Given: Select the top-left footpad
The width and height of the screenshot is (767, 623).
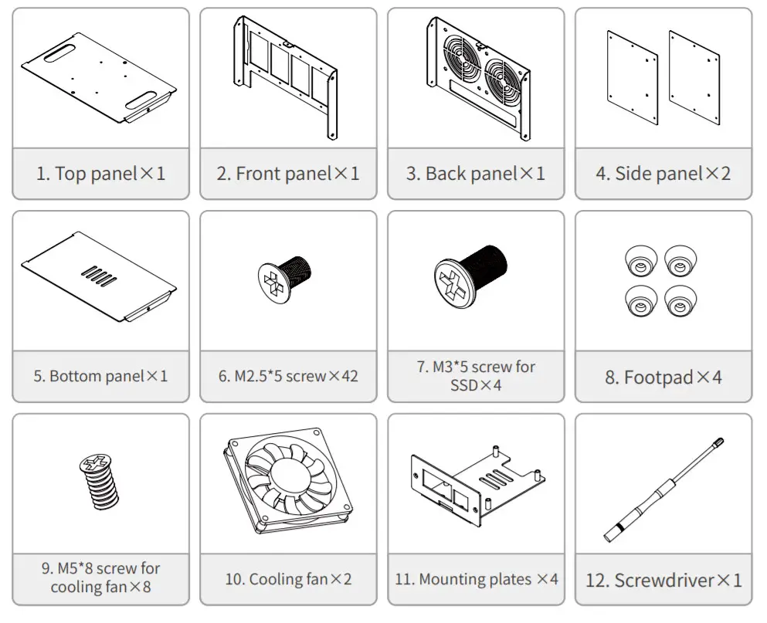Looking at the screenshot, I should (x=640, y=262).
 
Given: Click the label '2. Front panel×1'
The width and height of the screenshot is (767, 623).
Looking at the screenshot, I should (x=287, y=173).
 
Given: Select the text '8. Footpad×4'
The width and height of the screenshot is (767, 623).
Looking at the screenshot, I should (x=663, y=377).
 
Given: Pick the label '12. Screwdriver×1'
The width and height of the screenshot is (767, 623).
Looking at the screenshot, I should (x=663, y=580).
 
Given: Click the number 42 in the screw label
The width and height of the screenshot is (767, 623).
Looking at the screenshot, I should (x=348, y=377).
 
